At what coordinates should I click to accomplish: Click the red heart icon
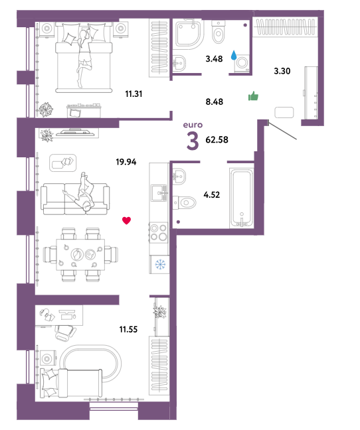(x=126, y=220)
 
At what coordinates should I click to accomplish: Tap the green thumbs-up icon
(x=253, y=96)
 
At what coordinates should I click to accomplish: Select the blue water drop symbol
(x=234, y=55)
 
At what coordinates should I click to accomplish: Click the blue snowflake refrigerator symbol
(x=161, y=264)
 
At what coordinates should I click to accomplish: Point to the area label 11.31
(x=134, y=94)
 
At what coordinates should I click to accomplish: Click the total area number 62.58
(x=217, y=140)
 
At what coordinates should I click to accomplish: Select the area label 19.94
(x=126, y=162)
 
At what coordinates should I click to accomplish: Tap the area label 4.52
(x=212, y=195)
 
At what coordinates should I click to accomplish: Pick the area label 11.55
(x=128, y=329)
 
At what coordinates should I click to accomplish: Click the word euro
(x=193, y=125)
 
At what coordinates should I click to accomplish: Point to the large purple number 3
(x=193, y=141)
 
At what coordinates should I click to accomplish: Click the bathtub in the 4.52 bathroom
(x=242, y=198)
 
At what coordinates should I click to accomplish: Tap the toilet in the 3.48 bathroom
(x=219, y=31)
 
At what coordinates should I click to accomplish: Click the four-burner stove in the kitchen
(x=159, y=232)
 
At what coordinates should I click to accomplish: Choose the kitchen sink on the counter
(x=159, y=192)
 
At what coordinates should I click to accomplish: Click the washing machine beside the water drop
(x=242, y=64)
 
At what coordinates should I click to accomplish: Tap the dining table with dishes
(x=80, y=255)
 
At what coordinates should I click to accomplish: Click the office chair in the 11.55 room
(x=65, y=332)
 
